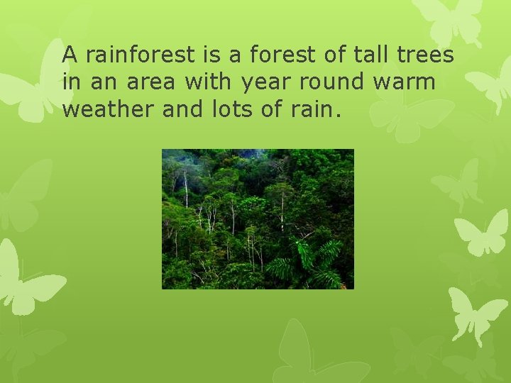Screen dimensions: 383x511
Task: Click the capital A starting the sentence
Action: [x=70, y=55]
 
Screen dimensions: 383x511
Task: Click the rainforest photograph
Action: [x=258, y=218]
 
